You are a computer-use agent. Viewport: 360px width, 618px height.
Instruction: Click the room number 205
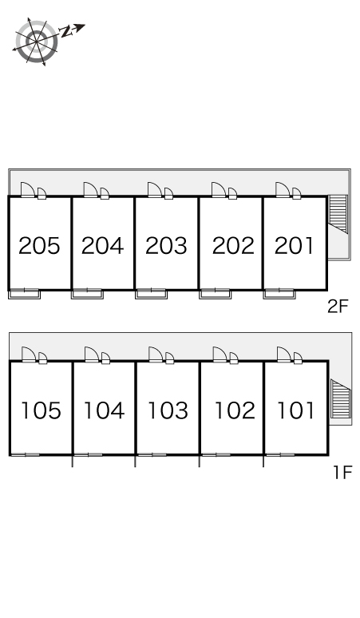click(39, 246)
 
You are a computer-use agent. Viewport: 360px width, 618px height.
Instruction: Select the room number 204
click(102, 246)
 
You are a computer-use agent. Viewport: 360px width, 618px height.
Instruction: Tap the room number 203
click(166, 246)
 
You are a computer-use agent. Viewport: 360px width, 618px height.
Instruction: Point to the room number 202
click(233, 246)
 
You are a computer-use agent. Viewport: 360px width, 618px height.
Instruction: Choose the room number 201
click(294, 246)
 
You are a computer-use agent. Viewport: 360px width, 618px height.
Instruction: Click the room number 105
click(41, 410)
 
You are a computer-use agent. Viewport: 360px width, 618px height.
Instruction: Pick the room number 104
click(105, 410)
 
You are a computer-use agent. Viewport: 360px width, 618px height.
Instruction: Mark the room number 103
click(168, 410)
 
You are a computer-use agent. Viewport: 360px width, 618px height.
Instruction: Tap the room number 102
click(235, 410)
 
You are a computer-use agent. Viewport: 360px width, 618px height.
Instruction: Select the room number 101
click(296, 410)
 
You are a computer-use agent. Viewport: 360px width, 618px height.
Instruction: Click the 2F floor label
click(338, 307)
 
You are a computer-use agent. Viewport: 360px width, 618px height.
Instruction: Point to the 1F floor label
click(342, 472)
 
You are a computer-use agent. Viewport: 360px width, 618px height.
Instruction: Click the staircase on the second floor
click(338, 213)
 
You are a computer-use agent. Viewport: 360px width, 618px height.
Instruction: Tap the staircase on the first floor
click(341, 398)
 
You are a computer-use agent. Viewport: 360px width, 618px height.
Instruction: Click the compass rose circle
click(37, 41)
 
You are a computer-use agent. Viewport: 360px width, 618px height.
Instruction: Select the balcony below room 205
click(25, 294)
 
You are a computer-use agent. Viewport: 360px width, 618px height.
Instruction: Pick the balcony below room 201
click(279, 294)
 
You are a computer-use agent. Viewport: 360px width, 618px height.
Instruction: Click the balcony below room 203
click(151, 294)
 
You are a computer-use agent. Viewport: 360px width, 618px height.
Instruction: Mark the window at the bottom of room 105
click(25, 455)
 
